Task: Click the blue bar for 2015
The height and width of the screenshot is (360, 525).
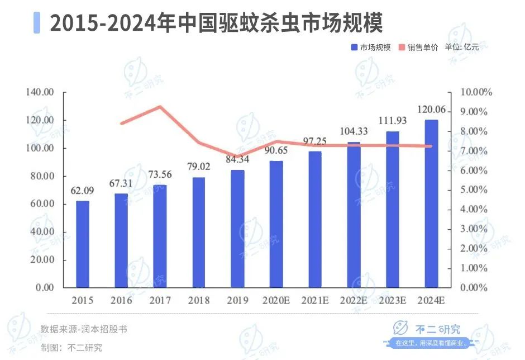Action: click(83, 244)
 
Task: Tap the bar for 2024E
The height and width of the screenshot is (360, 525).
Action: click(431, 203)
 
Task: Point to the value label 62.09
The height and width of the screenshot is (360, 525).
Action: click(82, 191)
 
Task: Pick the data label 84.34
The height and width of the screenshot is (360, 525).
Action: click(237, 160)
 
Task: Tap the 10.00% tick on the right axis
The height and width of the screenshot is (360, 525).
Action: click(475, 92)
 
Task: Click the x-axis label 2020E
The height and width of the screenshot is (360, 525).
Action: click(276, 301)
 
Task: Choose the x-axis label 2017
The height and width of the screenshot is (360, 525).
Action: click(160, 301)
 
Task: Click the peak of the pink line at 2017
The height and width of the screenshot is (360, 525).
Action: click(160, 107)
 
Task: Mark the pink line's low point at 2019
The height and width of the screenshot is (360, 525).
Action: click(237, 157)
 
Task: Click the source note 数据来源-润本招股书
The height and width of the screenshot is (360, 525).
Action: click(84, 329)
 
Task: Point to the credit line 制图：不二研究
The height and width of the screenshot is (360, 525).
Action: click(71, 347)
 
